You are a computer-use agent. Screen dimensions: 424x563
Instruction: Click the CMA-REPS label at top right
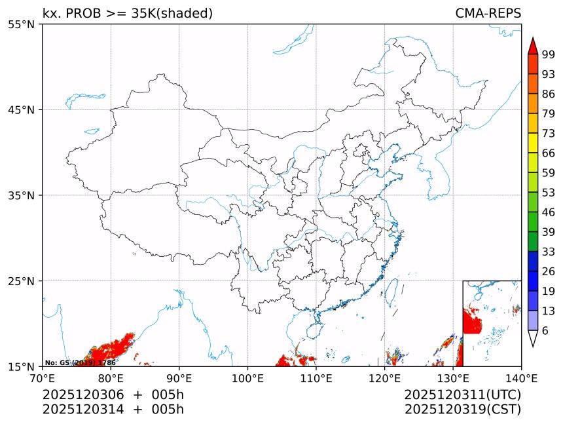(x=488, y=14)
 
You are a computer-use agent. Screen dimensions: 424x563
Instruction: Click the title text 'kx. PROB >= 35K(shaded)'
(x=128, y=14)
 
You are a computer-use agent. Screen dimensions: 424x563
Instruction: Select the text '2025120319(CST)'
(x=462, y=410)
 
